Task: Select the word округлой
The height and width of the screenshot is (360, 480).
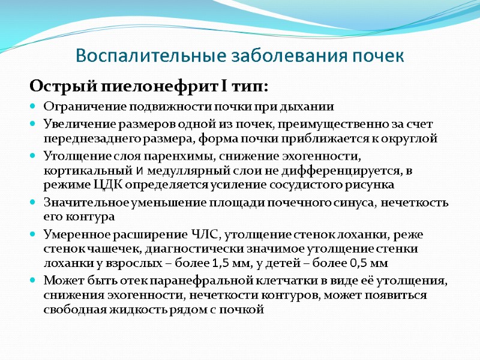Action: point(412,139)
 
